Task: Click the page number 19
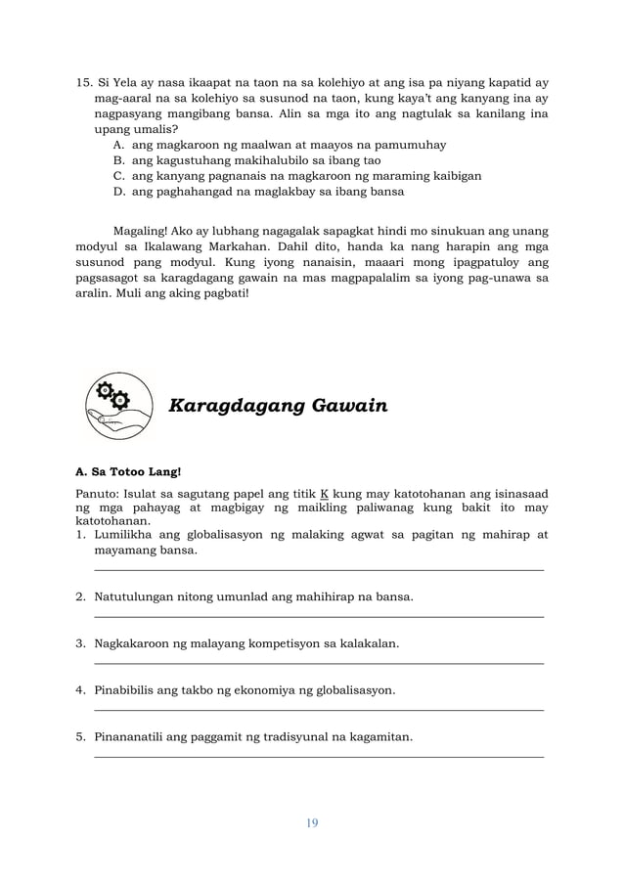(x=312, y=822)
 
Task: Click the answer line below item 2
(x=319, y=617)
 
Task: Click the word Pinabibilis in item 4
(x=127, y=690)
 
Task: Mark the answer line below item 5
(x=319, y=757)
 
